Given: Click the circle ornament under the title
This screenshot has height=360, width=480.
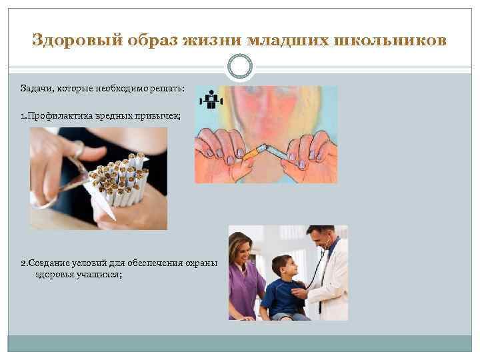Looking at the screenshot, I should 240,67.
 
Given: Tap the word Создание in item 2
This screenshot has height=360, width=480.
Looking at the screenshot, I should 45,261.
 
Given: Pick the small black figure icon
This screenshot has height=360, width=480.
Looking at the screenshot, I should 211,99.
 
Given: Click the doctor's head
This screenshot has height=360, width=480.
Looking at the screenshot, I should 318,241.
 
